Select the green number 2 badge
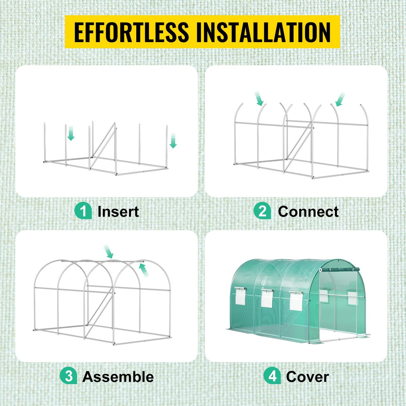(x=262, y=211)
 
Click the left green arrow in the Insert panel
(x=71, y=133)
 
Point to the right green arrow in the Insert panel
(x=173, y=141)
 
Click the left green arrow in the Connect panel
(x=259, y=99)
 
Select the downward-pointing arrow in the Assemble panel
(x=108, y=251)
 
